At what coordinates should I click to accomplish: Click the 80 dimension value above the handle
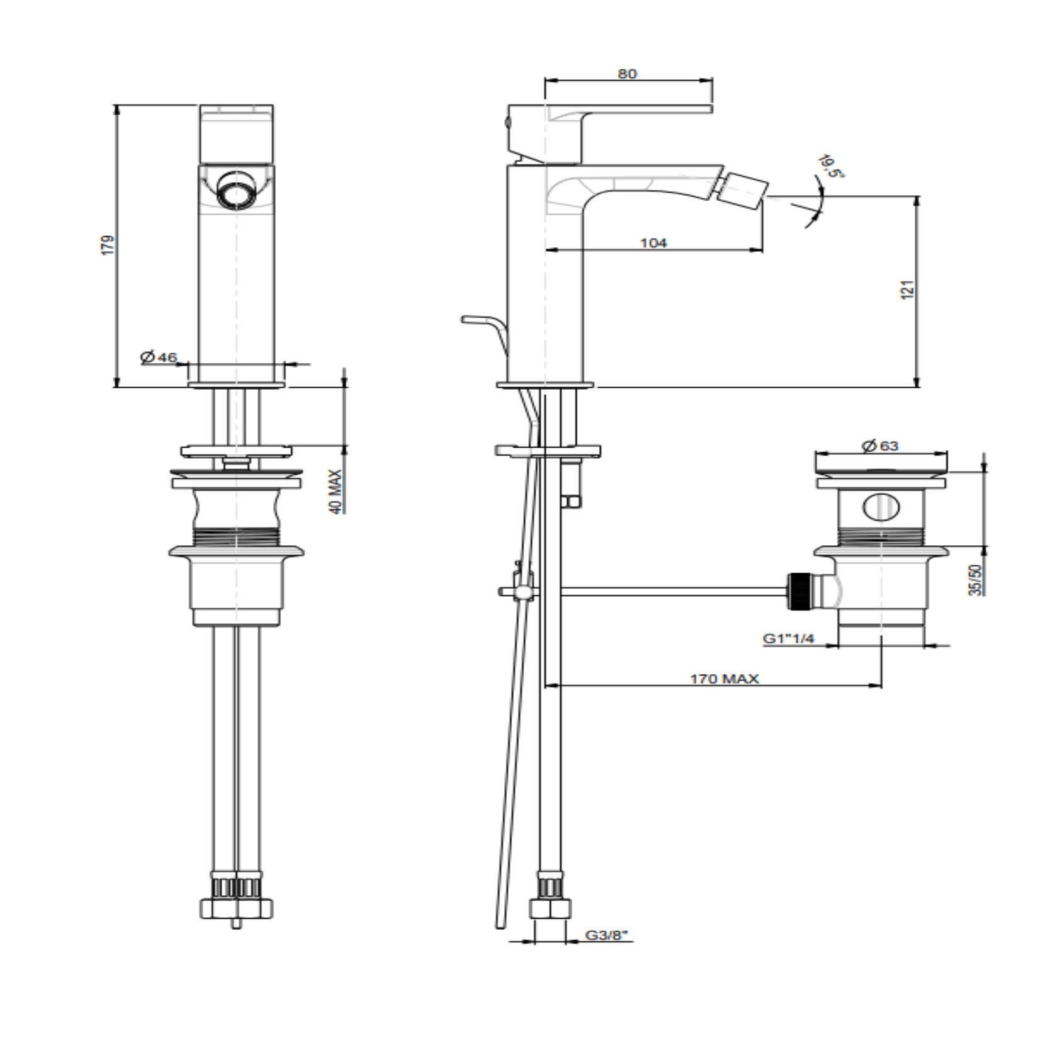(626, 74)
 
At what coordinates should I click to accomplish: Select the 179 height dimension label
(108, 245)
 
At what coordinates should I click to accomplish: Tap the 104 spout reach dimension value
(653, 242)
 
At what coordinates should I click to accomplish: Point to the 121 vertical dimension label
(907, 289)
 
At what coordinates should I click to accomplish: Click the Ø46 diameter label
(159, 357)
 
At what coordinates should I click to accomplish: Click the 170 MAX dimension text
(725, 679)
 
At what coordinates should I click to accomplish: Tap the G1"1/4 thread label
(789, 638)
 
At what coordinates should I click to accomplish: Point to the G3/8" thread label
(608, 935)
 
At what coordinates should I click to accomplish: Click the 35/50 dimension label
(975, 580)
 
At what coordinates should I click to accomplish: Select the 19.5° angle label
(832, 166)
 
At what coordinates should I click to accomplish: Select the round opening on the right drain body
(881, 507)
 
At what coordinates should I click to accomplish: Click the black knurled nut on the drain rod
(798, 590)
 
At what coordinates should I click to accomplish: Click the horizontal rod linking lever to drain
(674, 591)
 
